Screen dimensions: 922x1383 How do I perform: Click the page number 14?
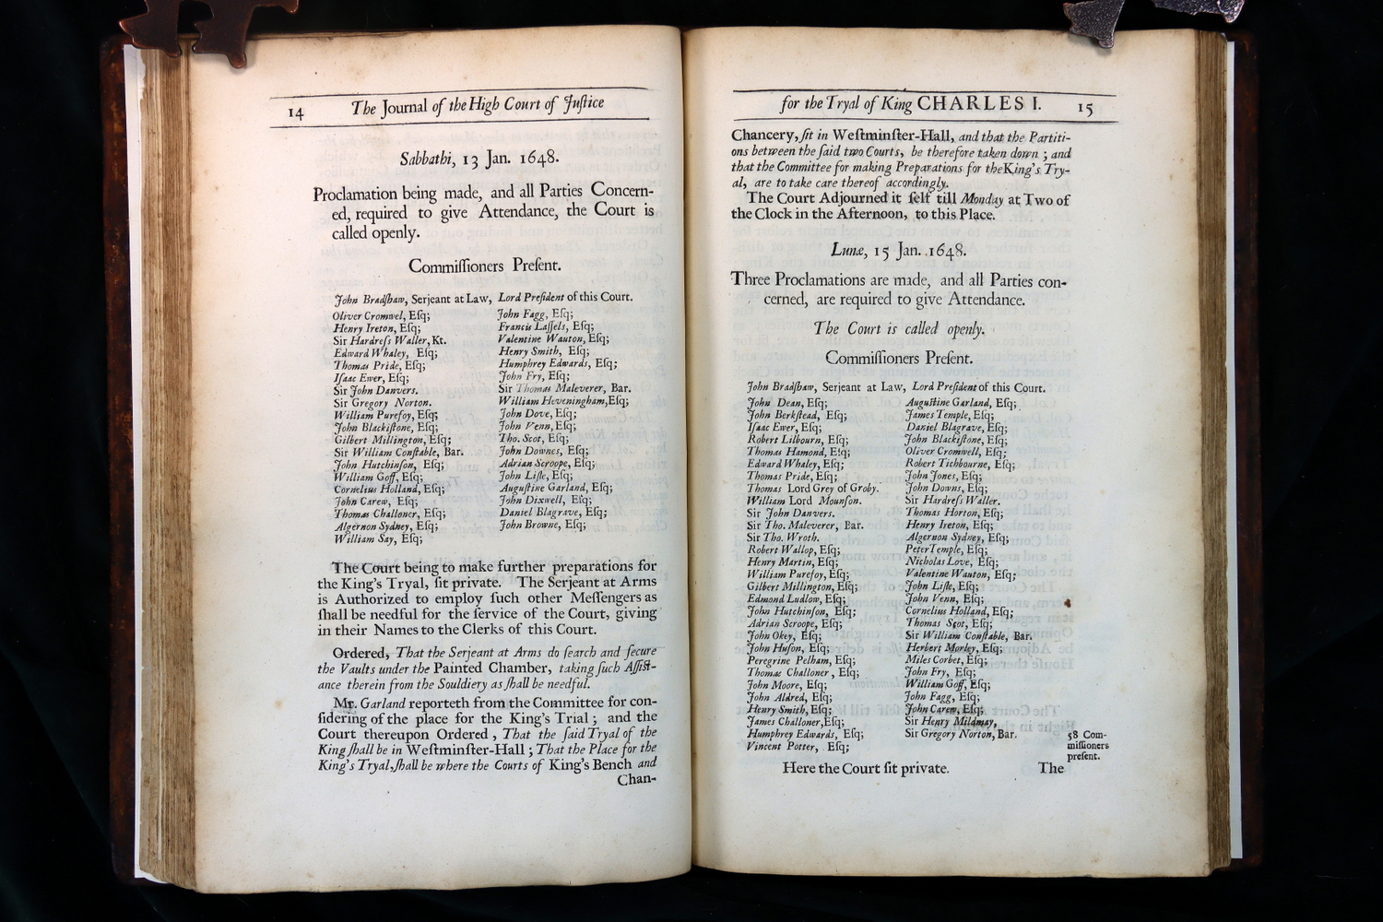pyautogui.click(x=296, y=112)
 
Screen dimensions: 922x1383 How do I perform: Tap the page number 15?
pyautogui.click(x=1084, y=108)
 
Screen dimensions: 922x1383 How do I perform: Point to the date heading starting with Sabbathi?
pyautogui.click(x=479, y=158)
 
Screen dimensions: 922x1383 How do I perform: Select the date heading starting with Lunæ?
pyautogui.click(x=897, y=250)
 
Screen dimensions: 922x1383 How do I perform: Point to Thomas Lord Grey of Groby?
pyautogui.click(x=812, y=488)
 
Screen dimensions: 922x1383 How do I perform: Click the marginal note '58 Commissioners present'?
pyautogui.click(x=1088, y=746)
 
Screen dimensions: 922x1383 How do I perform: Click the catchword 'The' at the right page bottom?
pyautogui.click(x=1051, y=767)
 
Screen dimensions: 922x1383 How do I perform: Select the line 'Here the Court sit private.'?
pyautogui.click(x=865, y=768)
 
